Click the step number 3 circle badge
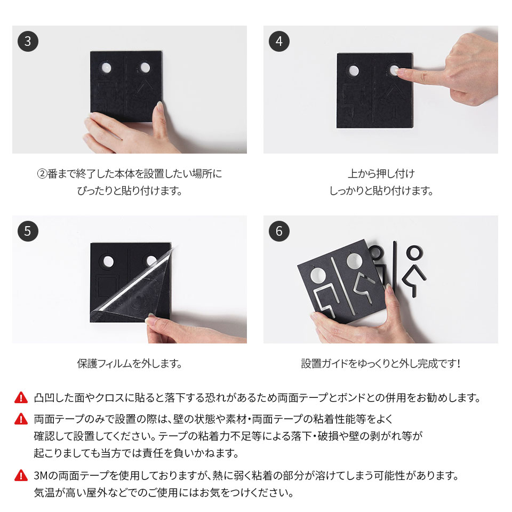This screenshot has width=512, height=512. coord(28,41)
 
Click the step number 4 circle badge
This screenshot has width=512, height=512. coord(279,41)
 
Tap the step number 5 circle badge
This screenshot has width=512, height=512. coord(28,231)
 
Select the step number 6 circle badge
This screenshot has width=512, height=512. coord(279,231)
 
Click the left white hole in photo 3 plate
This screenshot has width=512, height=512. coord(106,68)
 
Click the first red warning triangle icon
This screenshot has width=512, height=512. coord(21,397)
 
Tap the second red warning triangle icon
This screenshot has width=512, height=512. coord(21,419)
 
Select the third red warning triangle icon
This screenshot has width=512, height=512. coord(21,475)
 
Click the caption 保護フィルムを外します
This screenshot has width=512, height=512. coord(130,364)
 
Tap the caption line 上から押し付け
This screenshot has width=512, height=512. coord(381,173)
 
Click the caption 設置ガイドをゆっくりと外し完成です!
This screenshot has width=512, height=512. coord(380,364)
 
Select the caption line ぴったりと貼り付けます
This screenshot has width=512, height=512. coord(130,190)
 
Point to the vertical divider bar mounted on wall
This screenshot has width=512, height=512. coord(395,261)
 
